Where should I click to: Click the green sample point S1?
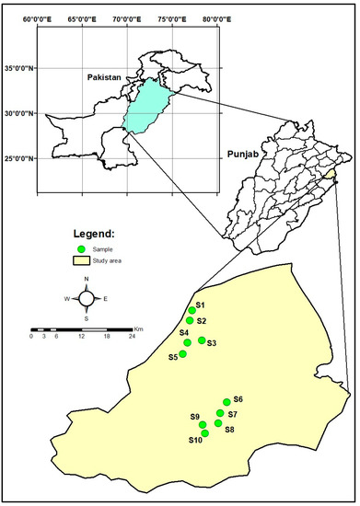192,310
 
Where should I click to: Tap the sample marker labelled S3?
202,340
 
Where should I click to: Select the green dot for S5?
182,354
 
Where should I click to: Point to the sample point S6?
226,401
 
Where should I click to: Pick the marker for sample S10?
205,433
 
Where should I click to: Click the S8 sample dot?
218,423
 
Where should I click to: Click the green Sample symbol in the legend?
83,250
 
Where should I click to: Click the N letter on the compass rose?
87,279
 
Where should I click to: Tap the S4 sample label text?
184,332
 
